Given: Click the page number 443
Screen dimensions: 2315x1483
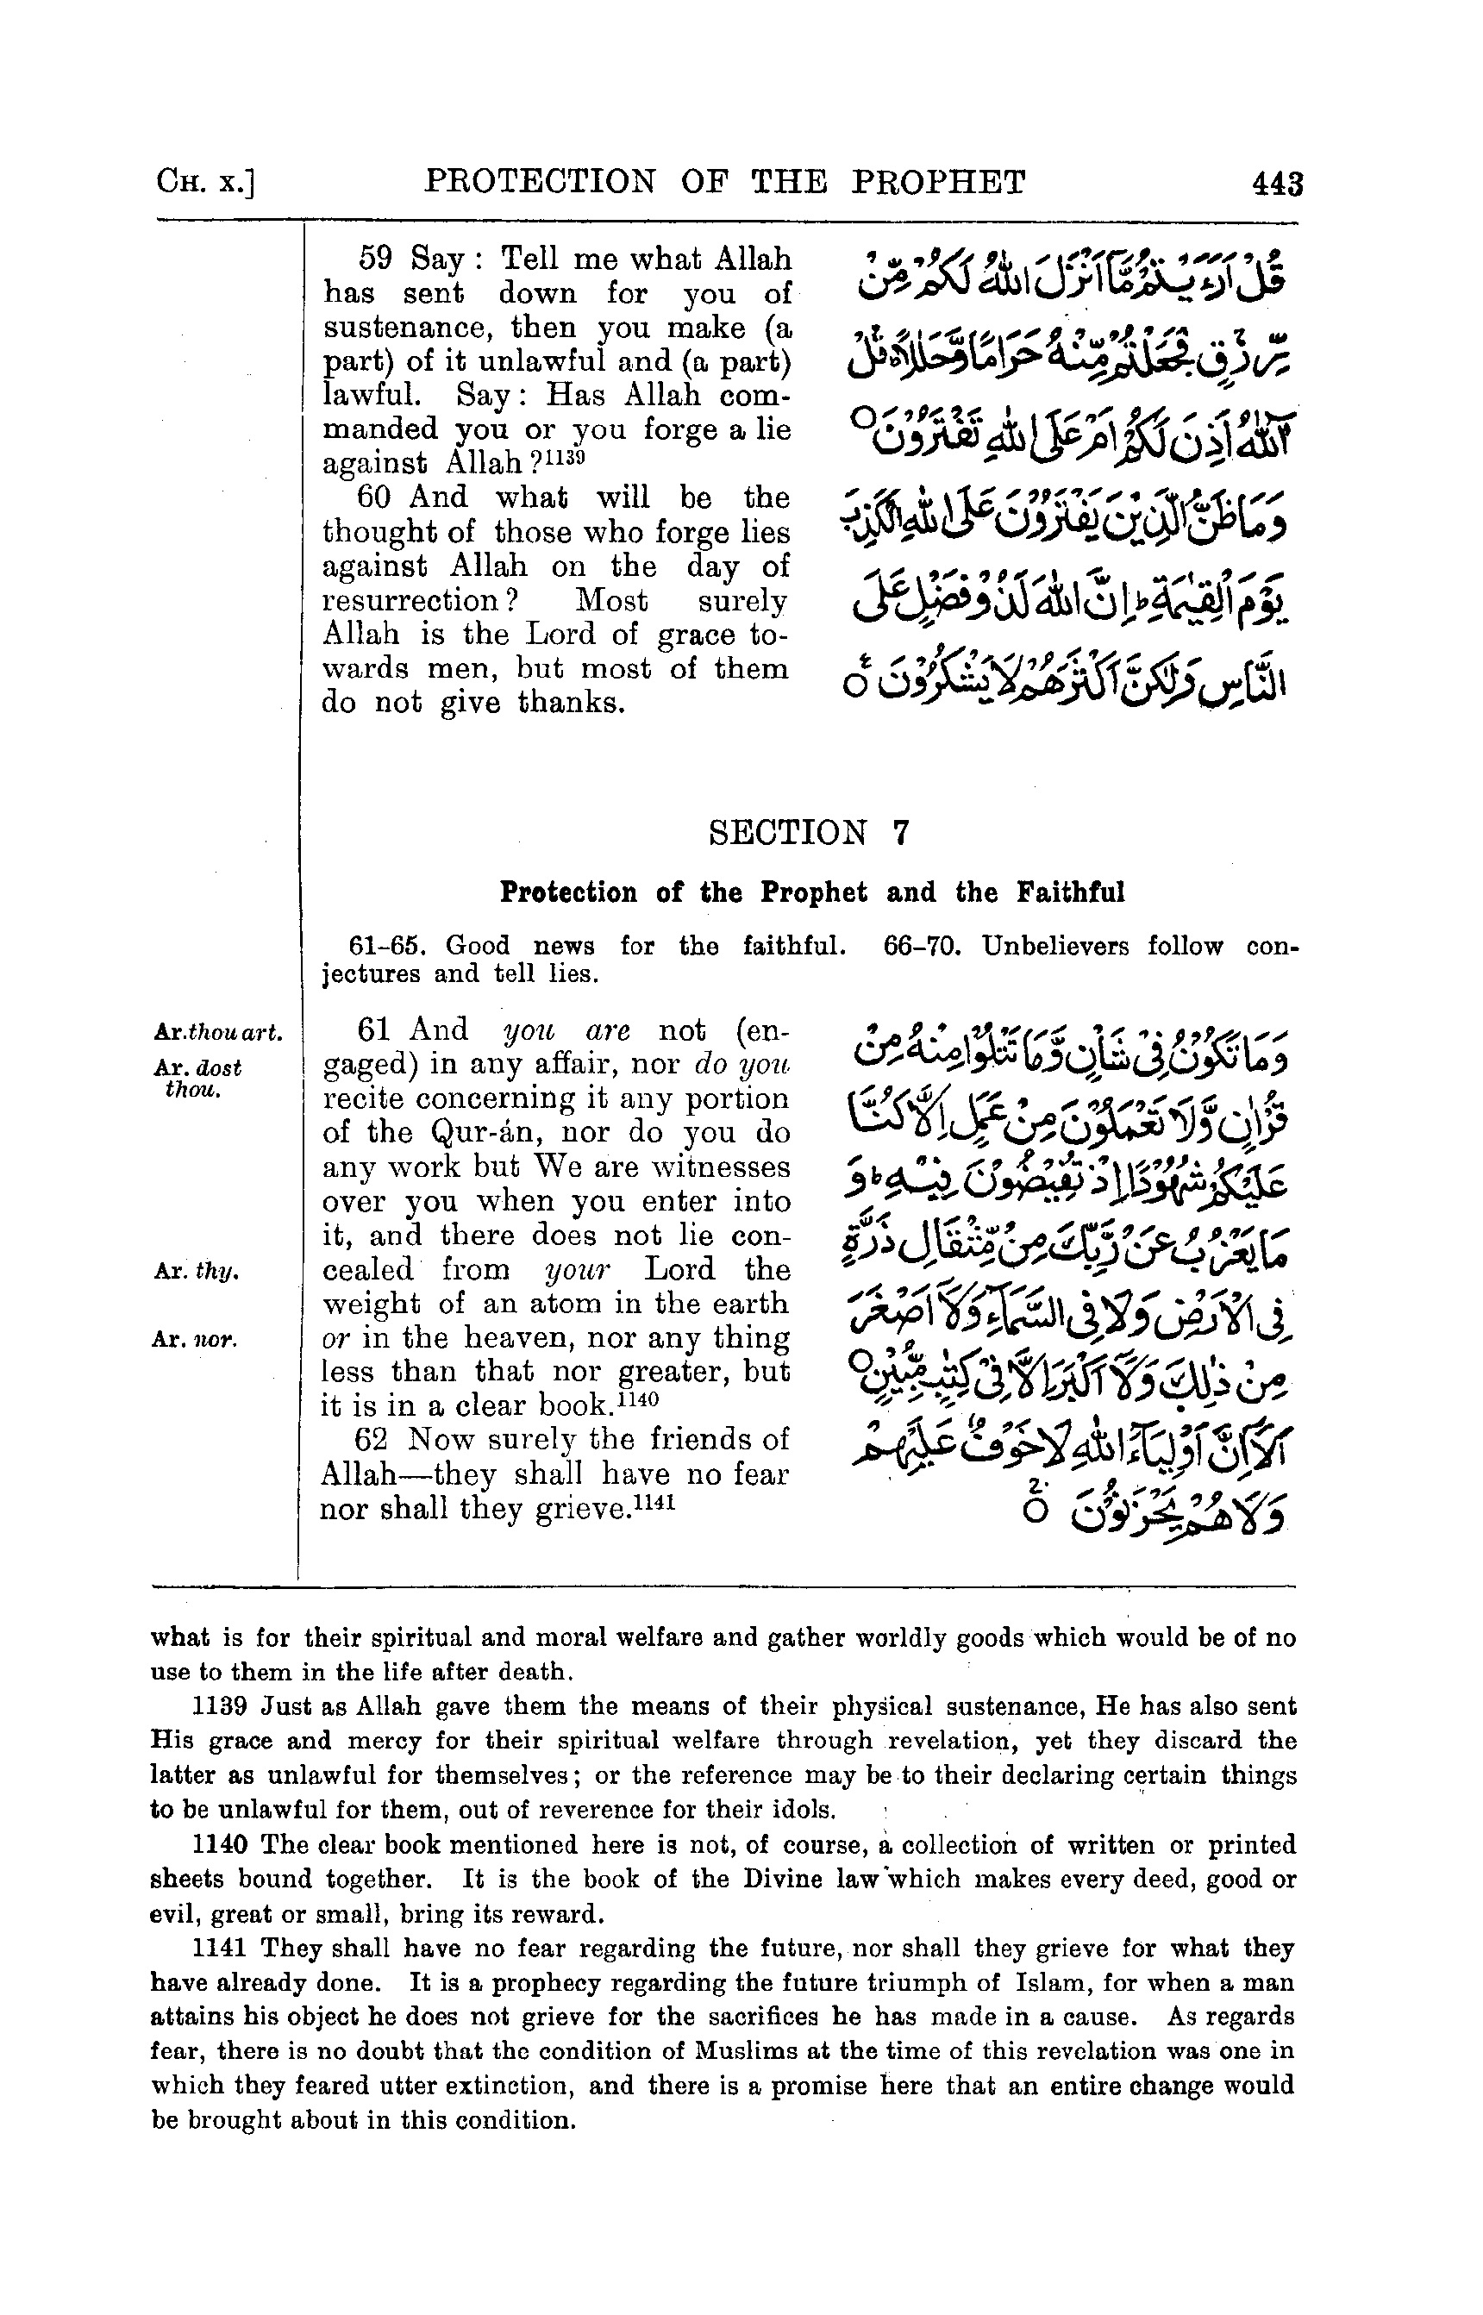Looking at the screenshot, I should pos(1277,183).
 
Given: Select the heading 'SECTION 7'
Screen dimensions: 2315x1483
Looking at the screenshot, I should pos(808,833).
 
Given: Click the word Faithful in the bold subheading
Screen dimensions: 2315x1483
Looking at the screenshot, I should pos(1070,892).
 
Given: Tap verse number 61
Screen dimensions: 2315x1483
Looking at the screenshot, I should pos(373,1029).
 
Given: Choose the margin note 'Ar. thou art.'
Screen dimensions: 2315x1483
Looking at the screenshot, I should pos(217,1035).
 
